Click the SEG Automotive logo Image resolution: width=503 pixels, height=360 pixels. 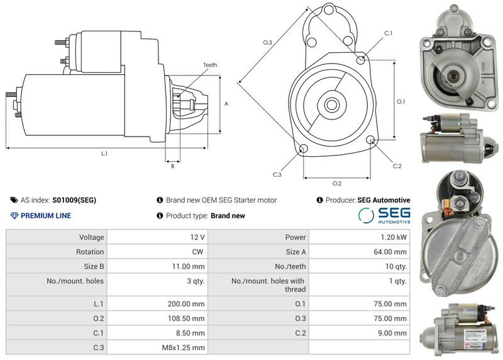coord(384,216)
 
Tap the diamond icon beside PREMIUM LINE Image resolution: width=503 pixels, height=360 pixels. coord(14,216)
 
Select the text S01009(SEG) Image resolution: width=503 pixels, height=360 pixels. coord(74,200)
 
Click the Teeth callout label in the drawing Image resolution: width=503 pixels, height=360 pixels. coord(210,65)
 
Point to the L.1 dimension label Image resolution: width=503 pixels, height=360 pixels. coord(104,153)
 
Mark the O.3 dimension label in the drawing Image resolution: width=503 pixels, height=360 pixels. coord(267,42)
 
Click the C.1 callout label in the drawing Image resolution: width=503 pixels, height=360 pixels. coord(388,33)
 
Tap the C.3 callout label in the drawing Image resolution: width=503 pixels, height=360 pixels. coord(277,174)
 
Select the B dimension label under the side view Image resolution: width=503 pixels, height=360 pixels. coord(173,166)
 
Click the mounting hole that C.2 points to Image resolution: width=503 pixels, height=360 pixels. coord(372,140)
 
